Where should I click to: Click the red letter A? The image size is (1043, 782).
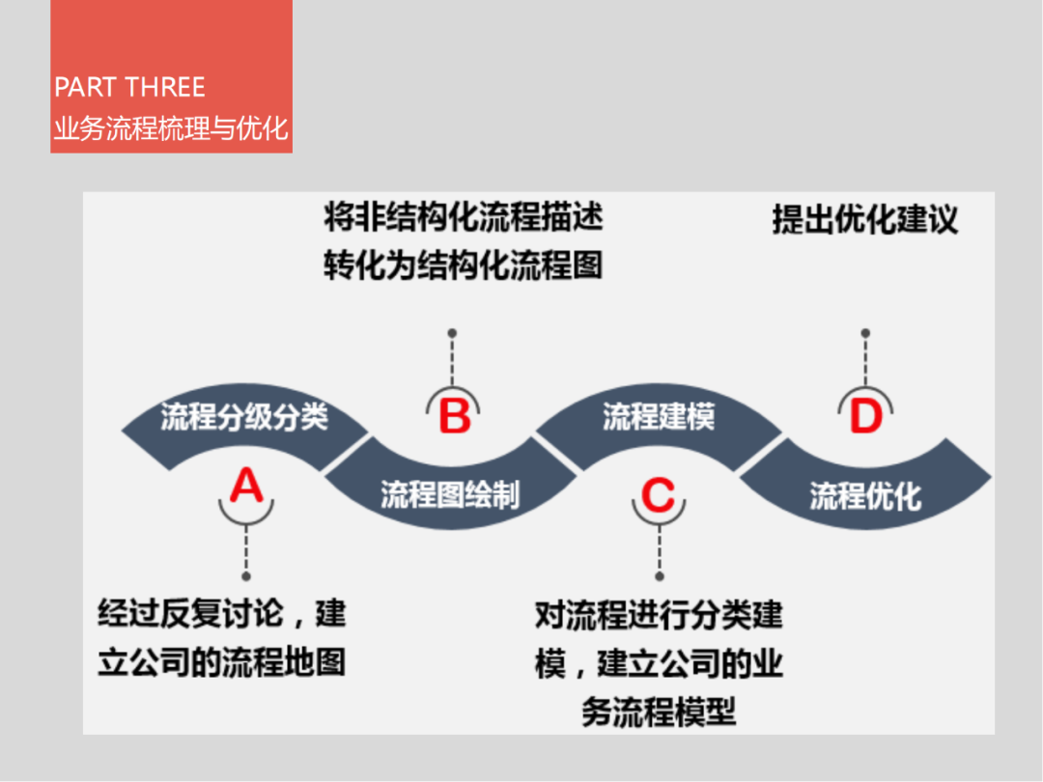[246, 486]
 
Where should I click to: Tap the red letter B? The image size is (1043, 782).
[454, 417]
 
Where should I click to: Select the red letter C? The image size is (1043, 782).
[658, 496]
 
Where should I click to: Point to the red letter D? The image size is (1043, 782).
[865, 418]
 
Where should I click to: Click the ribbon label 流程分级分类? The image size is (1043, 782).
[244, 417]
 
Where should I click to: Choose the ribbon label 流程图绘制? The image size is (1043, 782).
[450, 495]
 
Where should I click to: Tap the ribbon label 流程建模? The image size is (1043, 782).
[659, 418]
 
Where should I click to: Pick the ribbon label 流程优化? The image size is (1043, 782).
[865, 496]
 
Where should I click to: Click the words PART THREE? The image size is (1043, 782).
[129, 88]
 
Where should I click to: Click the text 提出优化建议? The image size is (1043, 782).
[864, 219]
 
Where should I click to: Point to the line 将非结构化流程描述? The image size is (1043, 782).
[464, 217]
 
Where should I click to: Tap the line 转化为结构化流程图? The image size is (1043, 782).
[464, 265]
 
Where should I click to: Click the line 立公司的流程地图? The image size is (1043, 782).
[222, 663]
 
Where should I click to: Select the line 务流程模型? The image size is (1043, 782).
[659, 712]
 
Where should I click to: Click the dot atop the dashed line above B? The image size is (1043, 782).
[452, 333]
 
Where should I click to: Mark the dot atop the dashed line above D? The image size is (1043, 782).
[865, 333]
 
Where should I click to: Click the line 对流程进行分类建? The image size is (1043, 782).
[659, 615]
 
